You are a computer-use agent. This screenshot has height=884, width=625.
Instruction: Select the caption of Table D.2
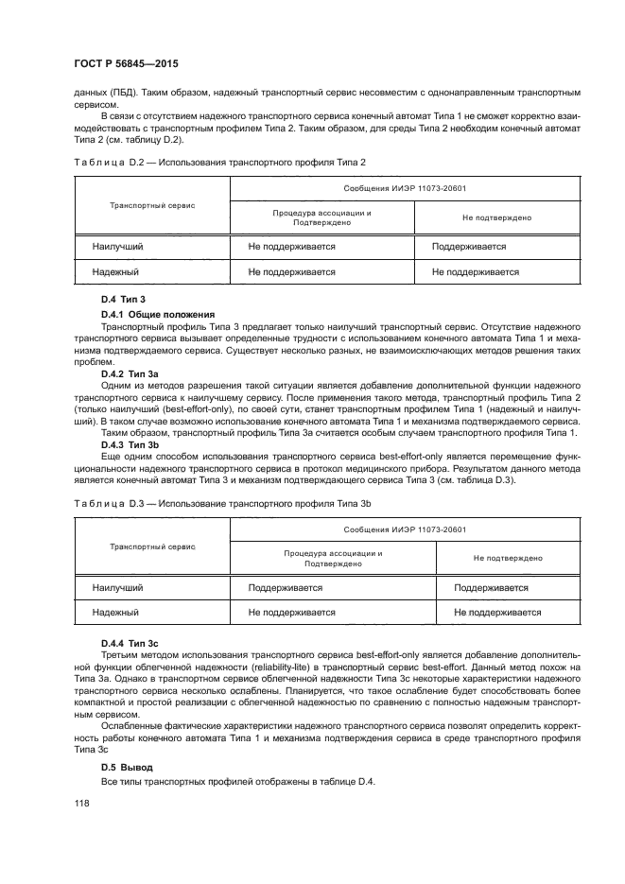[x=218, y=163]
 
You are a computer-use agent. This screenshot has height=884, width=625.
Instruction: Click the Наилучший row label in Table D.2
[x=117, y=247]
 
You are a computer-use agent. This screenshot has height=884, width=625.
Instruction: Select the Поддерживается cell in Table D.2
[x=468, y=247]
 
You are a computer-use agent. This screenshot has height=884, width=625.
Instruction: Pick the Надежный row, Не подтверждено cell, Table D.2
[x=475, y=271]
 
